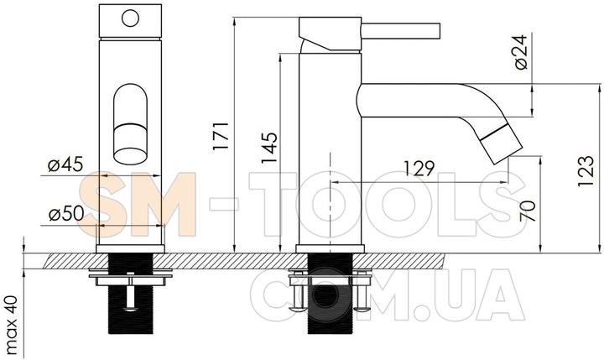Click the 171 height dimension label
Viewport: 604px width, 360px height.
pyautogui.click(x=221, y=136)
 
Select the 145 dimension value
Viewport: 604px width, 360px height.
pyautogui.click(x=269, y=148)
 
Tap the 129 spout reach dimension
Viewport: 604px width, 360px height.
pyautogui.click(x=419, y=168)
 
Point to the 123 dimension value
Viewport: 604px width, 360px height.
pyautogui.click(x=586, y=171)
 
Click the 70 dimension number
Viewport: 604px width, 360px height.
pyautogui.click(x=528, y=211)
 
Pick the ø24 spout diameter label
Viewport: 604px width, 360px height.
pyautogui.click(x=520, y=52)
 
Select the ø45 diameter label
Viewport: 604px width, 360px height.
pyautogui.click(x=65, y=164)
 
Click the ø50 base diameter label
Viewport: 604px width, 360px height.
pyautogui.click(x=66, y=213)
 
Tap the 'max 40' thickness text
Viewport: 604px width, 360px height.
pyautogui.click(x=12, y=325)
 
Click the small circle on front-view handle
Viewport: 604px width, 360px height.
pyautogui.click(x=130, y=18)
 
